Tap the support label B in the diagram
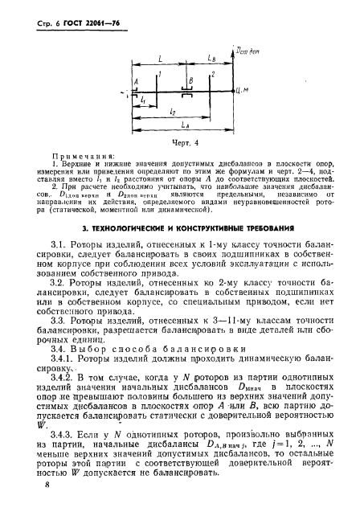[x=190, y=81]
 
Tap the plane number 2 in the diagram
[x=213, y=74]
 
